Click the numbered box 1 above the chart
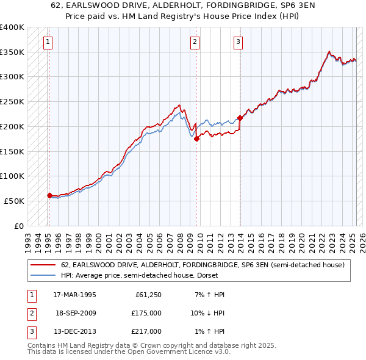pos(48,42)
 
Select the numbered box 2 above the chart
pos(195,42)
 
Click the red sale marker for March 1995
pos(49,195)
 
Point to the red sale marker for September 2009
pos(196,139)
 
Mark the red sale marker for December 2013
pos(240,118)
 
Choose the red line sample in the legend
pos(43,265)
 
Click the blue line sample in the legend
pos(43,275)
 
